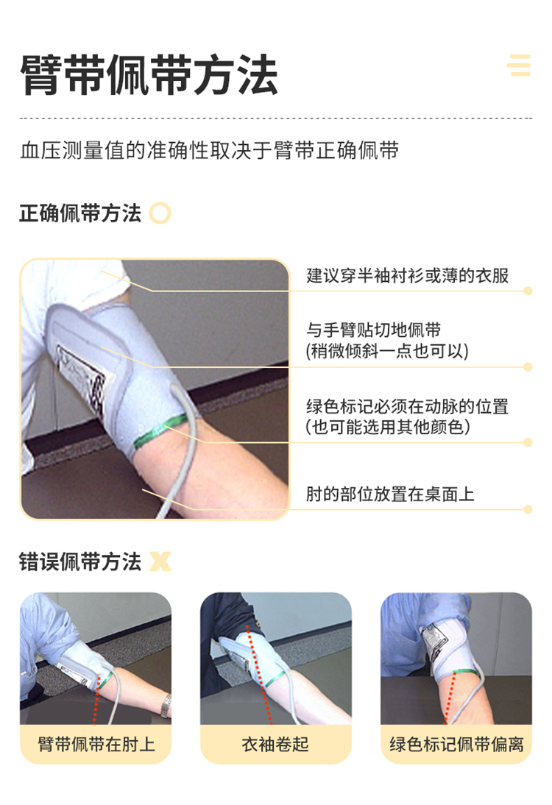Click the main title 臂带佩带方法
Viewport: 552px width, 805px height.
click(x=149, y=75)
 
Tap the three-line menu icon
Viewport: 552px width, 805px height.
click(x=519, y=65)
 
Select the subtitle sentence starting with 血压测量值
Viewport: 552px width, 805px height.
click(x=210, y=151)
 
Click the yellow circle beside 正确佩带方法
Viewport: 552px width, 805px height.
click(x=160, y=213)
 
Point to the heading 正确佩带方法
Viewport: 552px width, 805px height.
click(x=80, y=213)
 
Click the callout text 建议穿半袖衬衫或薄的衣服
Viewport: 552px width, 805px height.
click(x=407, y=276)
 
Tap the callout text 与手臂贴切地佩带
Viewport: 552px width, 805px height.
click(x=374, y=330)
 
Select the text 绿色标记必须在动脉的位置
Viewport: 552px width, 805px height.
click(x=407, y=406)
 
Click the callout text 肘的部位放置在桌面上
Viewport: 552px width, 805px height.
click(x=390, y=494)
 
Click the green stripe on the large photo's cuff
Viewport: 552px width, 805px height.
click(x=160, y=430)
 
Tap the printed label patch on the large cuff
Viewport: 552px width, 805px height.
click(x=82, y=377)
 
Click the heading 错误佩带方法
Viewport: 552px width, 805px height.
click(x=80, y=561)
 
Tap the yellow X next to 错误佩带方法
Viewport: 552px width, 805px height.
click(x=160, y=561)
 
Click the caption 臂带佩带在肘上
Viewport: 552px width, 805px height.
click(x=96, y=744)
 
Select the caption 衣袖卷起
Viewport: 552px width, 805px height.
click(x=276, y=744)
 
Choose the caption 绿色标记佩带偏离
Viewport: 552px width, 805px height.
click(x=456, y=744)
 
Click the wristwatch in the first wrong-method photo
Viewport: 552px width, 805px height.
click(x=166, y=706)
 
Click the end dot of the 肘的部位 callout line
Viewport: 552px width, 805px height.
click(x=528, y=509)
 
